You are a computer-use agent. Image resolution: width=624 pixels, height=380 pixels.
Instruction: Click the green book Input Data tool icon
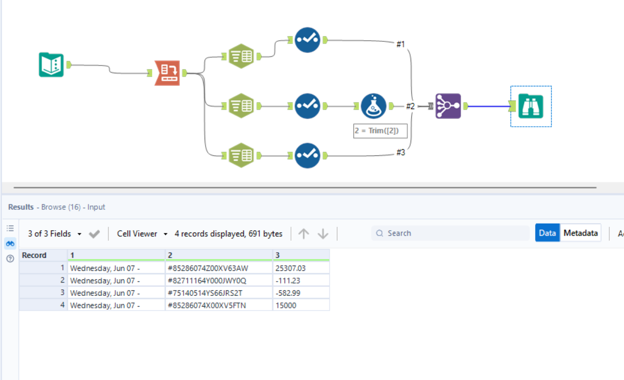coord(51,64)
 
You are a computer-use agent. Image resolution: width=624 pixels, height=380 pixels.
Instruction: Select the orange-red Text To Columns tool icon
coord(167,73)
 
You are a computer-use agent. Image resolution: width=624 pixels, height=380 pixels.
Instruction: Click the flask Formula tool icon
coord(374,106)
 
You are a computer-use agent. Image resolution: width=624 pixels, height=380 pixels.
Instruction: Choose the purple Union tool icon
coord(447,106)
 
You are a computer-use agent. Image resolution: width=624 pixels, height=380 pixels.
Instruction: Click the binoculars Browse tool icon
coord(531,106)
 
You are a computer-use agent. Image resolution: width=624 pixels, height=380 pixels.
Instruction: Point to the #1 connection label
coord(401,44)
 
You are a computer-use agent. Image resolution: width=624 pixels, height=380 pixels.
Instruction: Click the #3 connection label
coord(401,153)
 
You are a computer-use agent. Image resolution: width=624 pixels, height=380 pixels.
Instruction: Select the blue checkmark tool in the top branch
coord(307,40)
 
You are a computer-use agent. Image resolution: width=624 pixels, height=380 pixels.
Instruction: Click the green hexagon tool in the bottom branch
coord(240,155)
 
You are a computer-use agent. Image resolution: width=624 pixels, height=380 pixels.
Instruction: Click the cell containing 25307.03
coord(300,268)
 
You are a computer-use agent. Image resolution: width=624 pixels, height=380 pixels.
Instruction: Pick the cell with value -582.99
coord(300,292)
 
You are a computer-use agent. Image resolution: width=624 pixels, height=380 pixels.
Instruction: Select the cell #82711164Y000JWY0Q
coord(218,280)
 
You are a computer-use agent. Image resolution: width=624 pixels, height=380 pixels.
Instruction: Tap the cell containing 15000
coord(300,305)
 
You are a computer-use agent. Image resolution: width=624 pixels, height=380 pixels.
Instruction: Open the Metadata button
coord(580,233)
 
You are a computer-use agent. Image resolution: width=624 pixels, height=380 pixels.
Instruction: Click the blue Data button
coord(547,233)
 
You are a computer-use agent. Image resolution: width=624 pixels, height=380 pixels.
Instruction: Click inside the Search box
coord(452,233)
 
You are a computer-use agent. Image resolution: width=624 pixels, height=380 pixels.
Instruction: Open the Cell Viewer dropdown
coord(142,234)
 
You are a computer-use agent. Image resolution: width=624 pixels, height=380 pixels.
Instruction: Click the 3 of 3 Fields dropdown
coord(55,234)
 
